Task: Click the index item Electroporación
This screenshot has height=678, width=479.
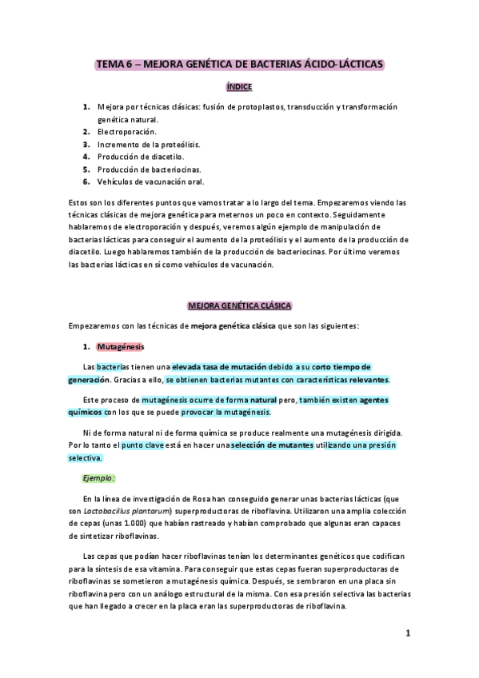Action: click(x=127, y=131)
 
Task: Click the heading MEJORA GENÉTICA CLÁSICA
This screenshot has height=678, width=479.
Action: click(x=239, y=305)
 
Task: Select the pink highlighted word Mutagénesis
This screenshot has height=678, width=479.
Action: click(x=119, y=347)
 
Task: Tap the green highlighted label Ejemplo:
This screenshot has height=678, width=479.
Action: click(x=100, y=478)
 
